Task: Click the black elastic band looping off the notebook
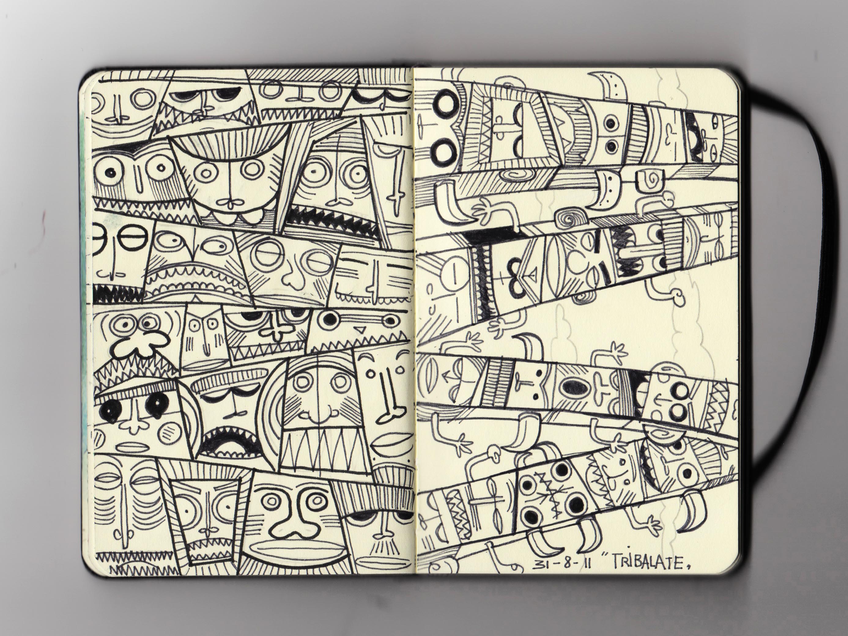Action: (x=782, y=245)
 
